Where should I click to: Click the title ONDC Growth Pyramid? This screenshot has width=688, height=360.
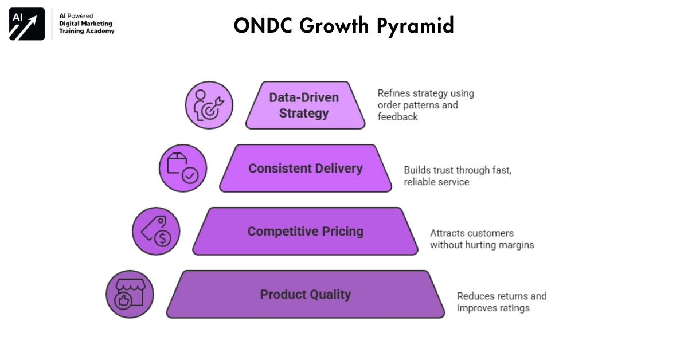pos(343,26)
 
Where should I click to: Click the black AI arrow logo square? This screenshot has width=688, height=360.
pos(27,24)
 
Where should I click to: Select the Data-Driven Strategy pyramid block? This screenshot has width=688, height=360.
pos(304,105)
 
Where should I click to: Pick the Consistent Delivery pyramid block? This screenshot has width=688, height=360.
pos(305,169)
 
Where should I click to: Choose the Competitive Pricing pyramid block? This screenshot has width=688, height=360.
pos(305,232)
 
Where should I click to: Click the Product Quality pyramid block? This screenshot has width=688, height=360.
pos(305,295)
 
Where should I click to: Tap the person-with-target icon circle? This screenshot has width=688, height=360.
pos(209,105)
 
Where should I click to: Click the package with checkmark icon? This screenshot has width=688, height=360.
pos(182,168)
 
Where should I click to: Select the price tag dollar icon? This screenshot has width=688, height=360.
pos(156,231)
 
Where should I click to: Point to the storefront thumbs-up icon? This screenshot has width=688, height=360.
pos(130,294)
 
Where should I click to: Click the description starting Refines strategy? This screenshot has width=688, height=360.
pos(425,105)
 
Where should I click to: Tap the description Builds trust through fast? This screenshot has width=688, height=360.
pos(457,176)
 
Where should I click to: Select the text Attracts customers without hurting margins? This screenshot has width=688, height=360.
pos(482,239)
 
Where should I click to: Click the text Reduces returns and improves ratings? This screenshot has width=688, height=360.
pos(501,302)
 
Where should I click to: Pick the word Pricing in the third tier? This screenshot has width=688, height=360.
pos(342,232)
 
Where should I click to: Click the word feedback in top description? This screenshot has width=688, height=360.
pos(397,117)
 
